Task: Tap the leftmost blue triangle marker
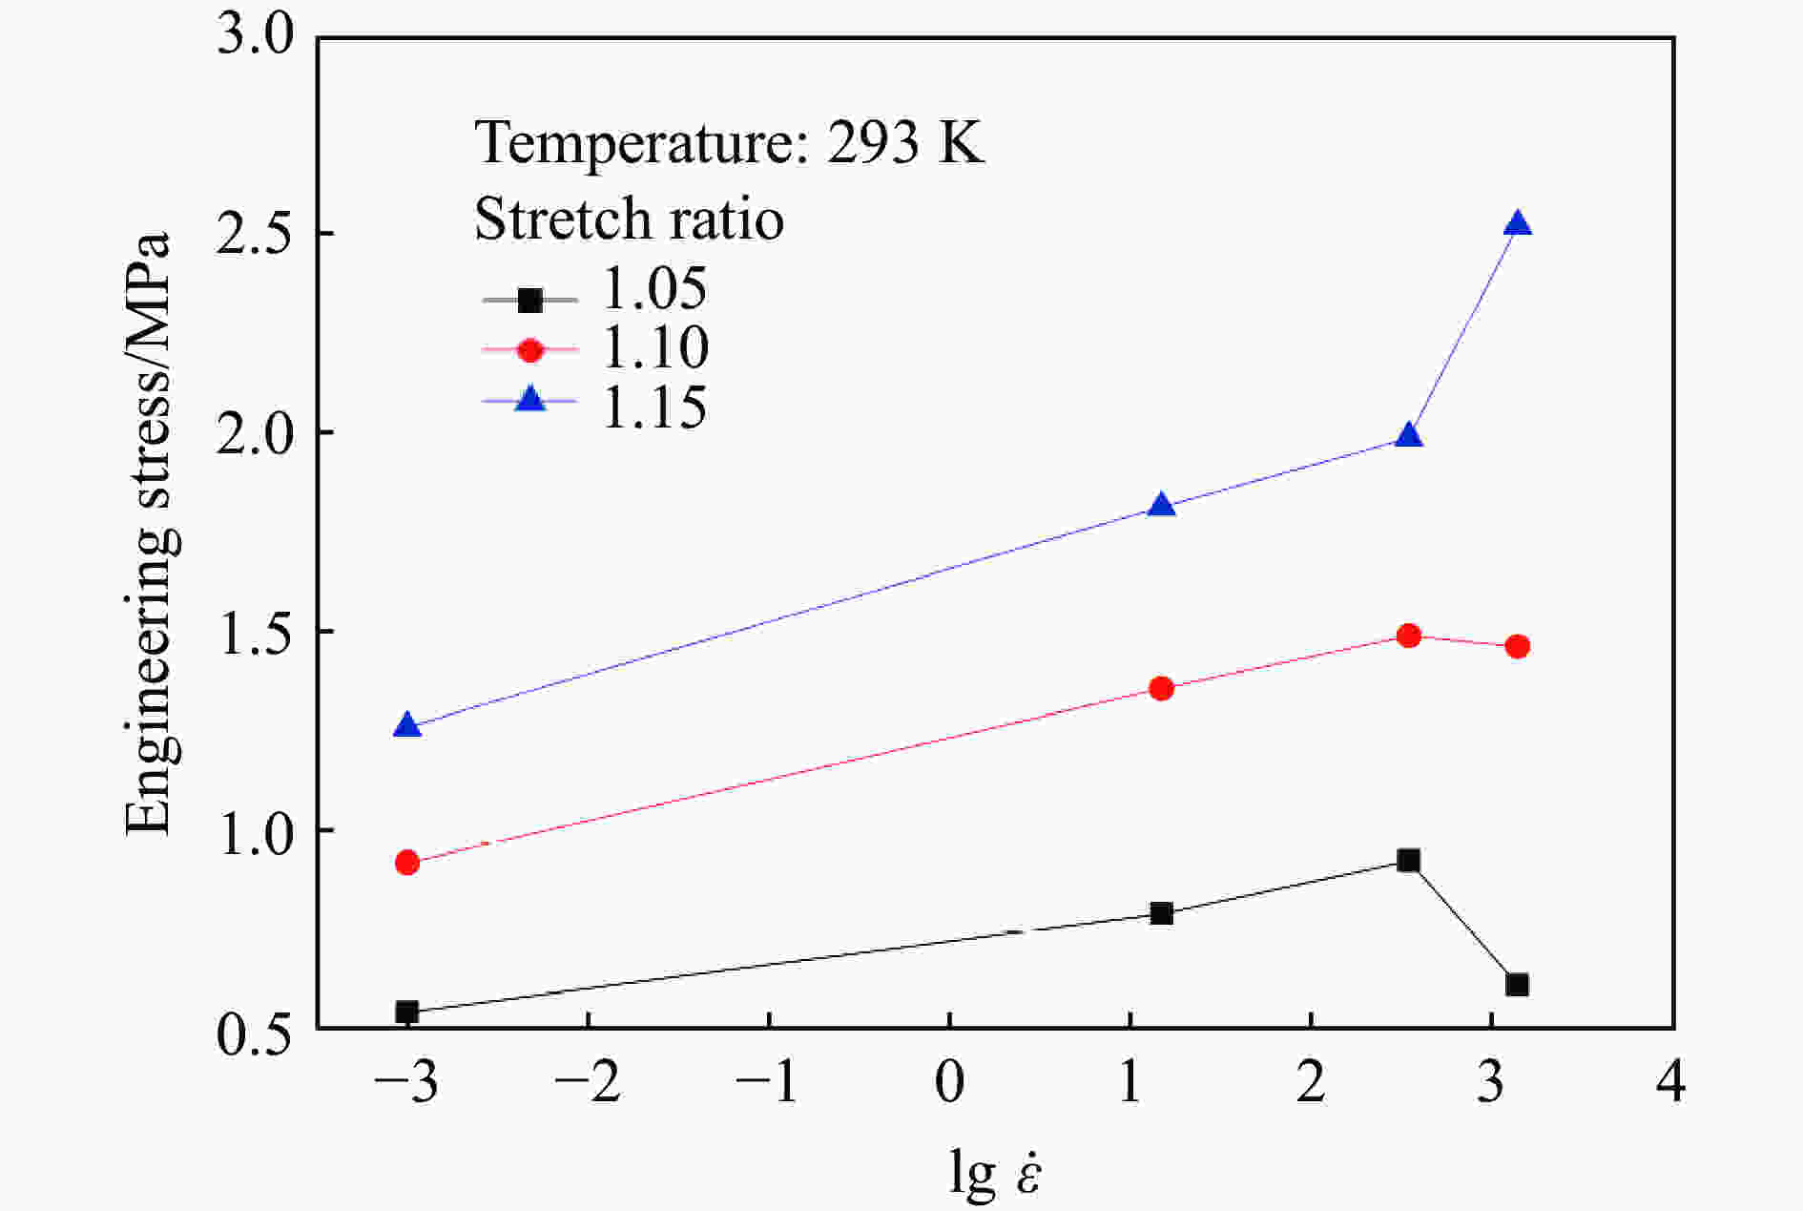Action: coord(407,726)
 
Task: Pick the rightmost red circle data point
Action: coord(1517,646)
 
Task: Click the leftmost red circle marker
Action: coord(407,863)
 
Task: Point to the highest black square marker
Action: coord(1408,861)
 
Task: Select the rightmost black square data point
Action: coord(1517,985)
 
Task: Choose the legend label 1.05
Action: coord(654,288)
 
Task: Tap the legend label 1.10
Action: coord(654,347)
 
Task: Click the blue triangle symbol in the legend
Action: coord(529,400)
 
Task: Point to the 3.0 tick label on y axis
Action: coord(256,38)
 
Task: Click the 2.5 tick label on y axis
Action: coord(256,235)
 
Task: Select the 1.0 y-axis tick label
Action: coord(256,830)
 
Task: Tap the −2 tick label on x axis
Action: coord(588,1083)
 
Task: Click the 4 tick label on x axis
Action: coord(1671,1083)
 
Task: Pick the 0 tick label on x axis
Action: coord(949,1083)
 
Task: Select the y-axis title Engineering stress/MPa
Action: coord(150,534)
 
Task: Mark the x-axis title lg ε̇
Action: coord(995,1172)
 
